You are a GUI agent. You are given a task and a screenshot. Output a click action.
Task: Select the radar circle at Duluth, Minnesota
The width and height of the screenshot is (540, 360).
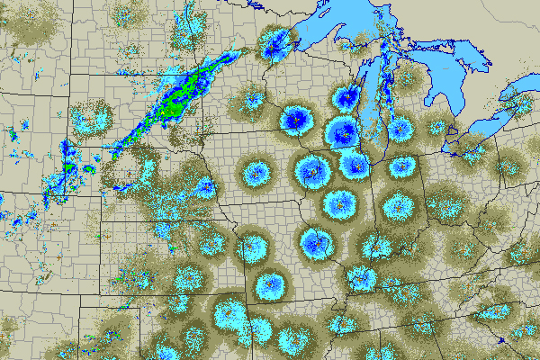277,42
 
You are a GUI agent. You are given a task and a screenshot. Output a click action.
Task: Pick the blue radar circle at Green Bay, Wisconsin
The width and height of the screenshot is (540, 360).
346,96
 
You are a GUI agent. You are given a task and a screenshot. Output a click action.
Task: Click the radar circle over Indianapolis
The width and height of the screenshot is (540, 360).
396,207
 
